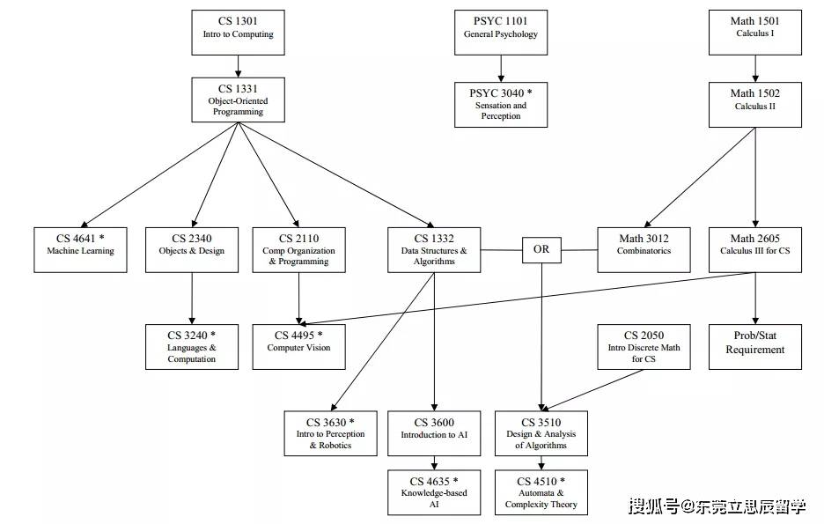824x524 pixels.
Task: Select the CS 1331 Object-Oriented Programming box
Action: [239, 100]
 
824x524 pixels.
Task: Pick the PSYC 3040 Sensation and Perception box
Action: [501, 104]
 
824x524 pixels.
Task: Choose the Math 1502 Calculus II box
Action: [754, 100]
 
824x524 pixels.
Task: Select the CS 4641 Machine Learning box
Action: [80, 249]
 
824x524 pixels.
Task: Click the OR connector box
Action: [541, 249]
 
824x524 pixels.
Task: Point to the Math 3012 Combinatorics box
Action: [644, 249]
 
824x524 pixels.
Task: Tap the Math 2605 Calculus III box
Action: [754, 249]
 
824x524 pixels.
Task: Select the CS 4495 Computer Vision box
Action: [298, 346]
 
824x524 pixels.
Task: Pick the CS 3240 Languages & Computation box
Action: [191, 346]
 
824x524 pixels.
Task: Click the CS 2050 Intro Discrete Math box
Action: [644, 346]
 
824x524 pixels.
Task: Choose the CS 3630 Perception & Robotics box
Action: [330, 432]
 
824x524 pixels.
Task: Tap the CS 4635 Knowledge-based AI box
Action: [434, 491]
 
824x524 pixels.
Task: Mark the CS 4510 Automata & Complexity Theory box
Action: [541, 491]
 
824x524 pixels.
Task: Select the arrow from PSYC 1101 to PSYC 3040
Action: [501, 68]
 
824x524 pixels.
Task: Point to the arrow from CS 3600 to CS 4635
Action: [434, 462]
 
